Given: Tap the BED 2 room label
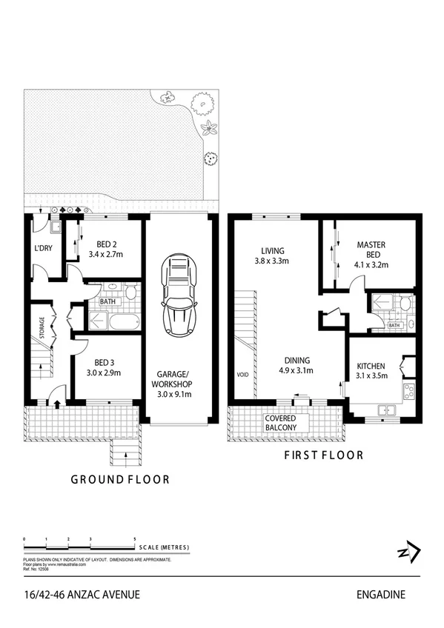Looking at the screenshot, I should (108, 244).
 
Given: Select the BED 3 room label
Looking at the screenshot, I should (107, 362).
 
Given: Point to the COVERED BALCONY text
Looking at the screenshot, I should (281, 423).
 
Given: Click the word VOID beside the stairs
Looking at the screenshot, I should (242, 373).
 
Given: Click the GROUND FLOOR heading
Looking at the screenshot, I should (120, 480).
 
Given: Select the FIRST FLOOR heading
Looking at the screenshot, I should (324, 455).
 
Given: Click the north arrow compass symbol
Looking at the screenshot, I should (409, 552).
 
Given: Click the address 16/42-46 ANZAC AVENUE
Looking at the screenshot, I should (82, 594).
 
